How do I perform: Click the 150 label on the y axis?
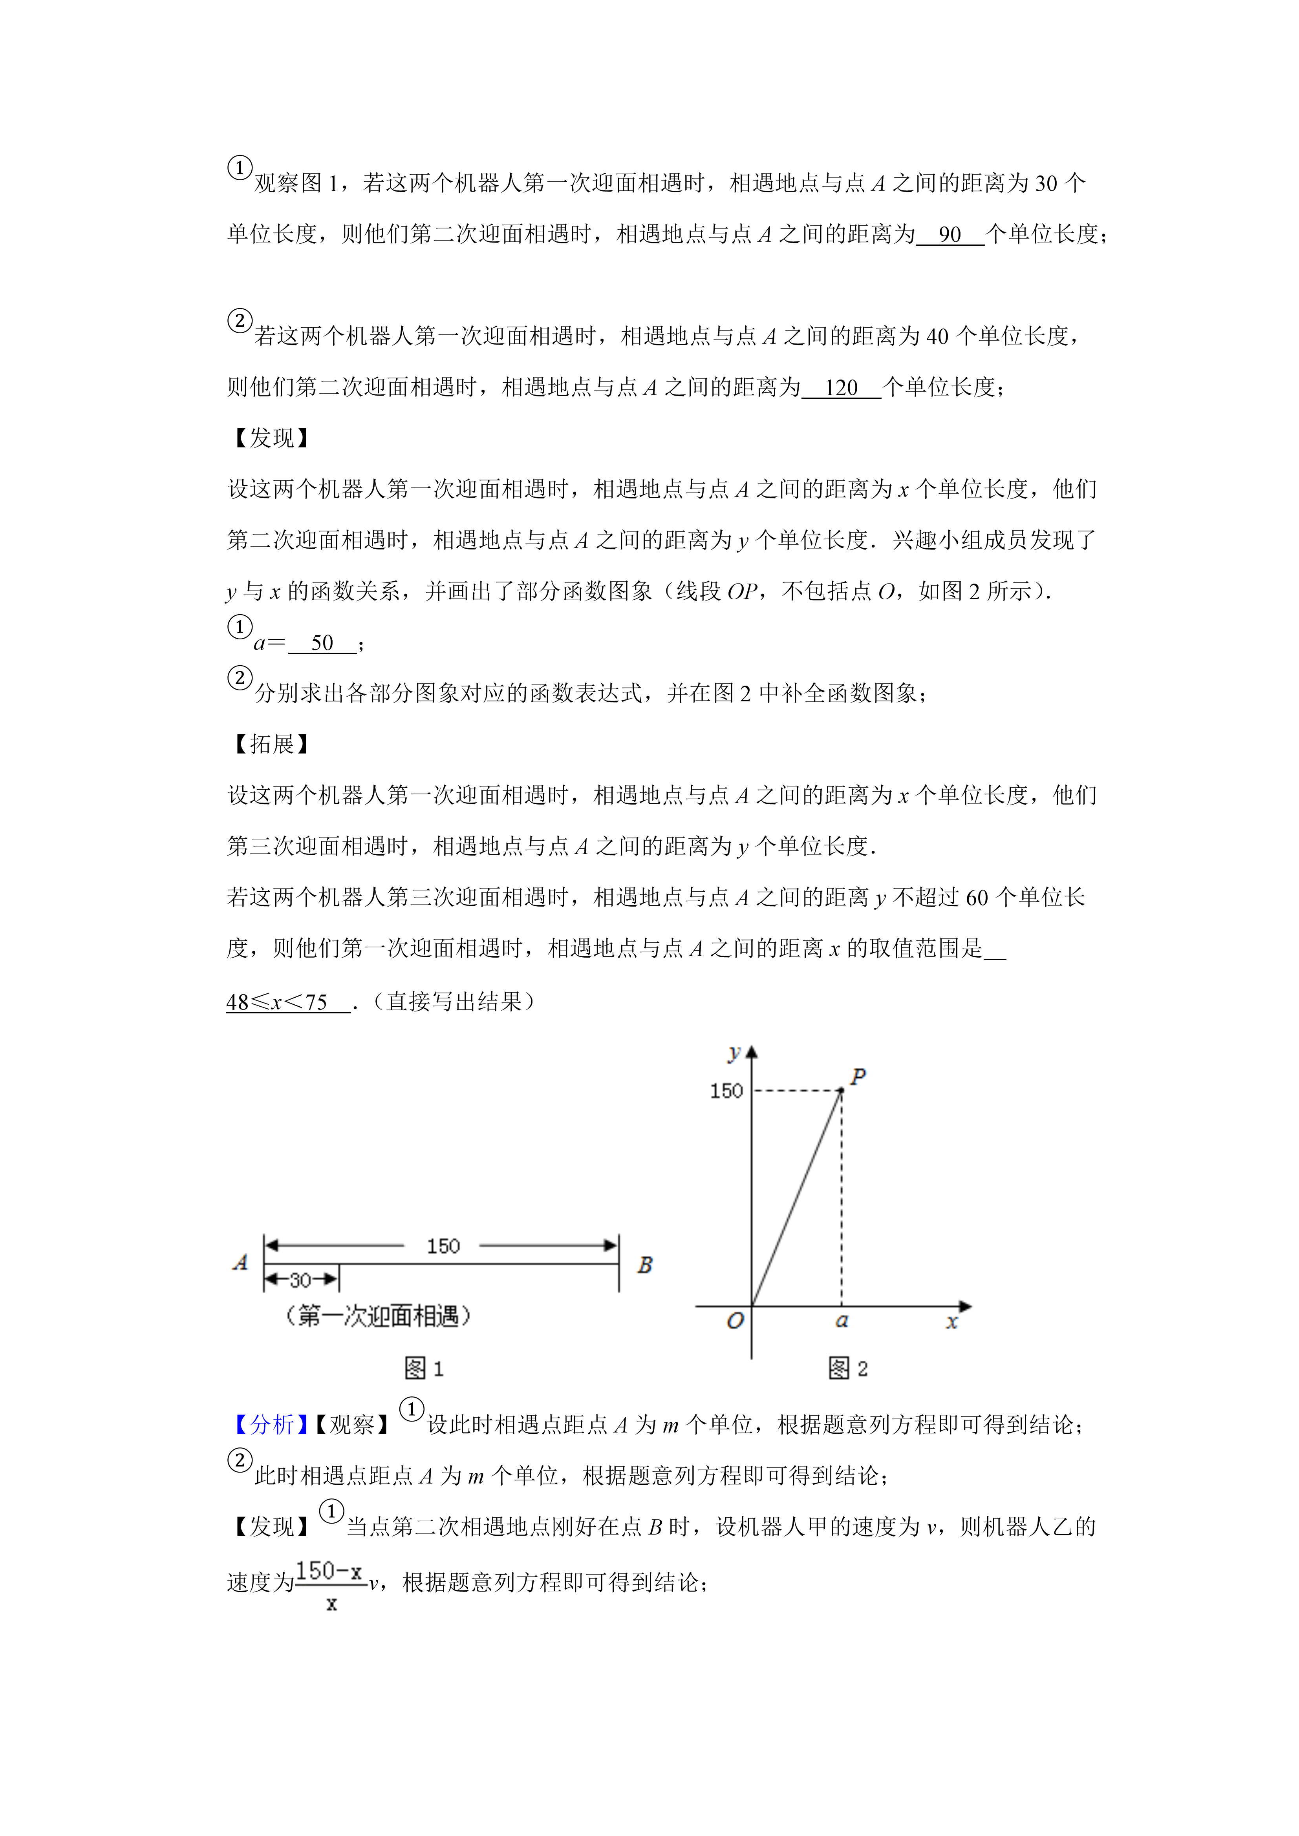(726, 1091)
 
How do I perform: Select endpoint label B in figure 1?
(645, 1265)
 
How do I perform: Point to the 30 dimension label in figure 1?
(300, 1280)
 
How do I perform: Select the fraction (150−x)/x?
(330, 1583)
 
